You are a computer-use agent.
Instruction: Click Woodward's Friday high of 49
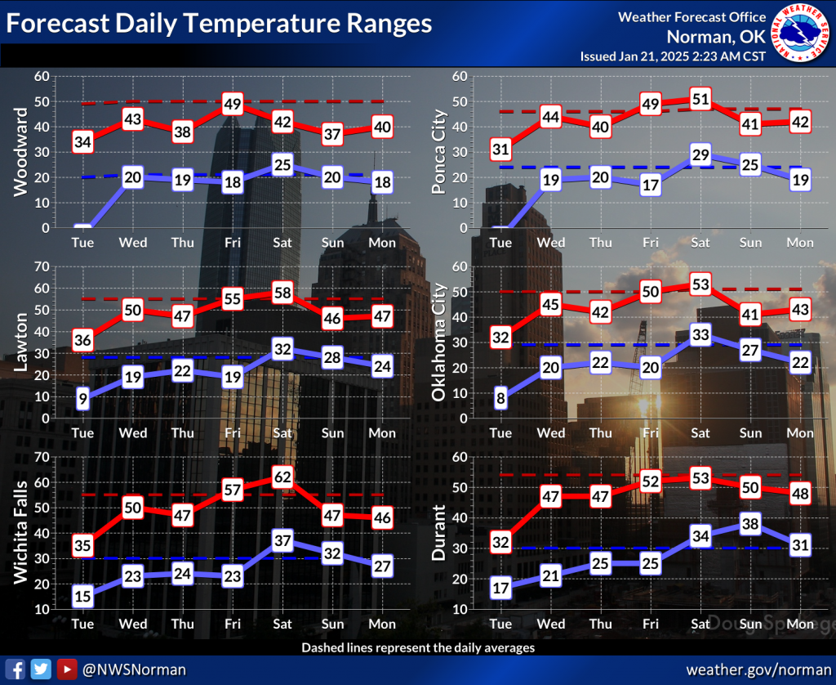coord(233,104)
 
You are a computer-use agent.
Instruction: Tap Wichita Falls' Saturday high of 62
coord(282,477)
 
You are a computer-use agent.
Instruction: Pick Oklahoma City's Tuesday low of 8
coord(500,399)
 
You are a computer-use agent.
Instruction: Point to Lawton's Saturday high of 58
coord(282,292)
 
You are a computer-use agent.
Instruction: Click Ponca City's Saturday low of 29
coord(700,155)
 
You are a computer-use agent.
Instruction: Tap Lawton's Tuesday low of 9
coord(83,399)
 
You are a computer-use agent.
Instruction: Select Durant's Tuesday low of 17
coord(500,587)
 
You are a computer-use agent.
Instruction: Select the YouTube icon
coord(67,669)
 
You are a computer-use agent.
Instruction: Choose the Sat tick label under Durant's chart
coord(700,625)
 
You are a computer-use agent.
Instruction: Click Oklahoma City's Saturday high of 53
coord(700,284)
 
